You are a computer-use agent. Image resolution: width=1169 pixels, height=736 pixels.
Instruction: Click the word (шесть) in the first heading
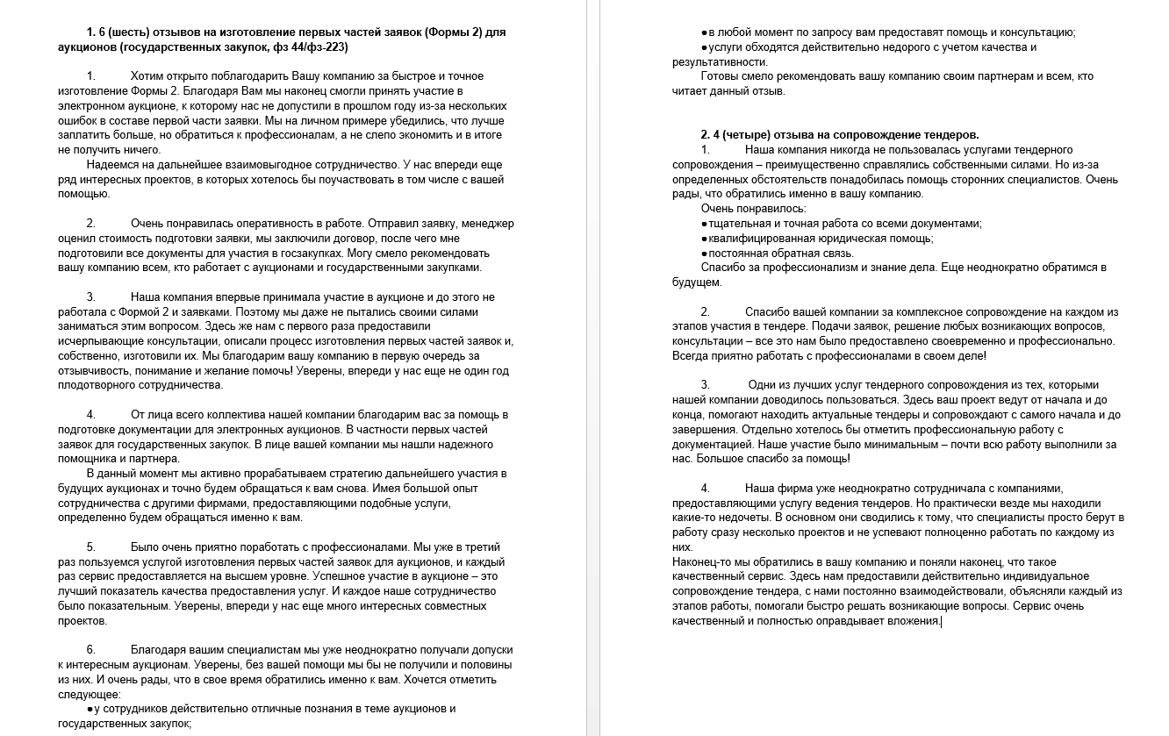(x=133, y=32)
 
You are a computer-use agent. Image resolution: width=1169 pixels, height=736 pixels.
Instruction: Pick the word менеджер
(x=488, y=224)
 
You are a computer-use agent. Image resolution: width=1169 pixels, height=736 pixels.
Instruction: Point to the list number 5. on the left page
(x=91, y=547)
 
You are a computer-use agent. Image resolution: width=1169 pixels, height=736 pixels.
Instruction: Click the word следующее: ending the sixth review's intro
(x=90, y=694)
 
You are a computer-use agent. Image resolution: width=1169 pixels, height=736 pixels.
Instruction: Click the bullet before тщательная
(x=704, y=224)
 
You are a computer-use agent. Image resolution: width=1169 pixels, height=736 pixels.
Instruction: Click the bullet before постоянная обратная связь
(x=704, y=254)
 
